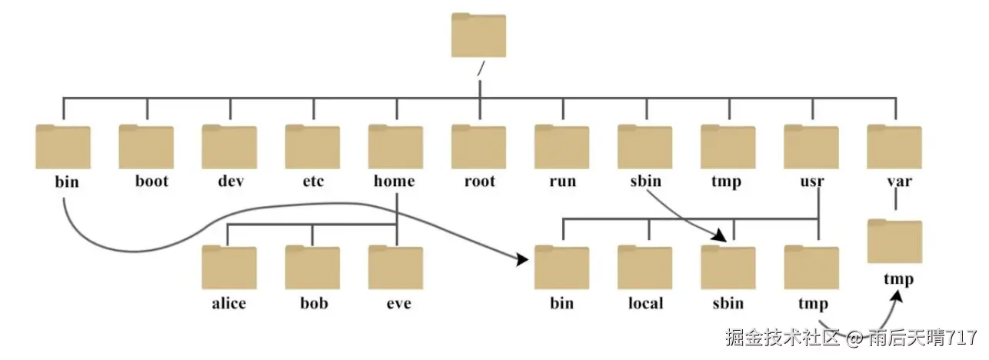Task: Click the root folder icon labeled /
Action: (478, 35)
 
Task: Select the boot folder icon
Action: (146, 146)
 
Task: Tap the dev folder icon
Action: (229, 146)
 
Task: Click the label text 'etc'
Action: (312, 182)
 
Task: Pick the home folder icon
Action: (395, 146)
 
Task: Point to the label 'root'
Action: (479, 182)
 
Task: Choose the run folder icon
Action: (561, 146)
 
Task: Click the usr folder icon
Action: (811, 146)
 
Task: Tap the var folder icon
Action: (894, 146)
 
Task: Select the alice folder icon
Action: (229, 267)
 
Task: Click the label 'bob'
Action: (312, 303)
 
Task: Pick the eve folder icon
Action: (395, 267)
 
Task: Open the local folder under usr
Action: (644, 267)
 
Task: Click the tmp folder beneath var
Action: (894, 242)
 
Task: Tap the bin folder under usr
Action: (561, 267)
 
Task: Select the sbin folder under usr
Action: (728, 267)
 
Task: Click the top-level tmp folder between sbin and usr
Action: (728, 146)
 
